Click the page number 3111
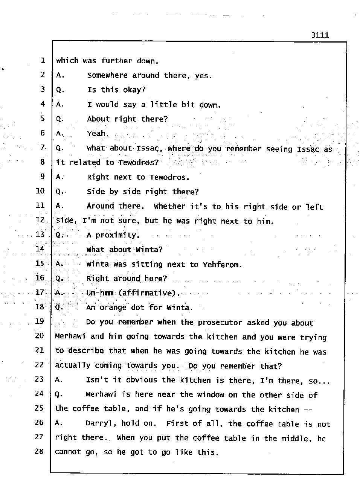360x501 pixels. (320, 35)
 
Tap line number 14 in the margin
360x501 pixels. (40, 249)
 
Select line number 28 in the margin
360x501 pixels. (39, 451)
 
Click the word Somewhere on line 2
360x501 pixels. (107, 75)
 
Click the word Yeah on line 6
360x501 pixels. (97, 133)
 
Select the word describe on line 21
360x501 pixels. (86, 351)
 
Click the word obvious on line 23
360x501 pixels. (142, 380)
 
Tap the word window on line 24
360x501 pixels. (209, 394)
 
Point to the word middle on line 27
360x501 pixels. (296, 439)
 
